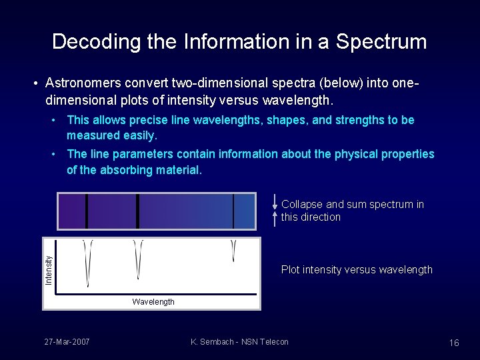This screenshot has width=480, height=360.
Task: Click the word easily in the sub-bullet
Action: [x=137, y=135]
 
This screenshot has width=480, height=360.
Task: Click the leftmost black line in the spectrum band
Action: [x=87, y=211]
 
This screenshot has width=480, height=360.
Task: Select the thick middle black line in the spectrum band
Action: [x=137, y=211]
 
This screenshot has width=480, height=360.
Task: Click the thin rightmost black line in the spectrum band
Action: [x=233, y=211]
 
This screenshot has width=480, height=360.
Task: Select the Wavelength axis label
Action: [x=153, y=302]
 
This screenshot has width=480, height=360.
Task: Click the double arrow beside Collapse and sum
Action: [x=275, y=206]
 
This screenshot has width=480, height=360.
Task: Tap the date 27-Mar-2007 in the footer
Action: [x=67, y=342]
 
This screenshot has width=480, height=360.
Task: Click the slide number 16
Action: [x=454, y=343]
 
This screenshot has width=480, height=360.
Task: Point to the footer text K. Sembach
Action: [x=212, y=342]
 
